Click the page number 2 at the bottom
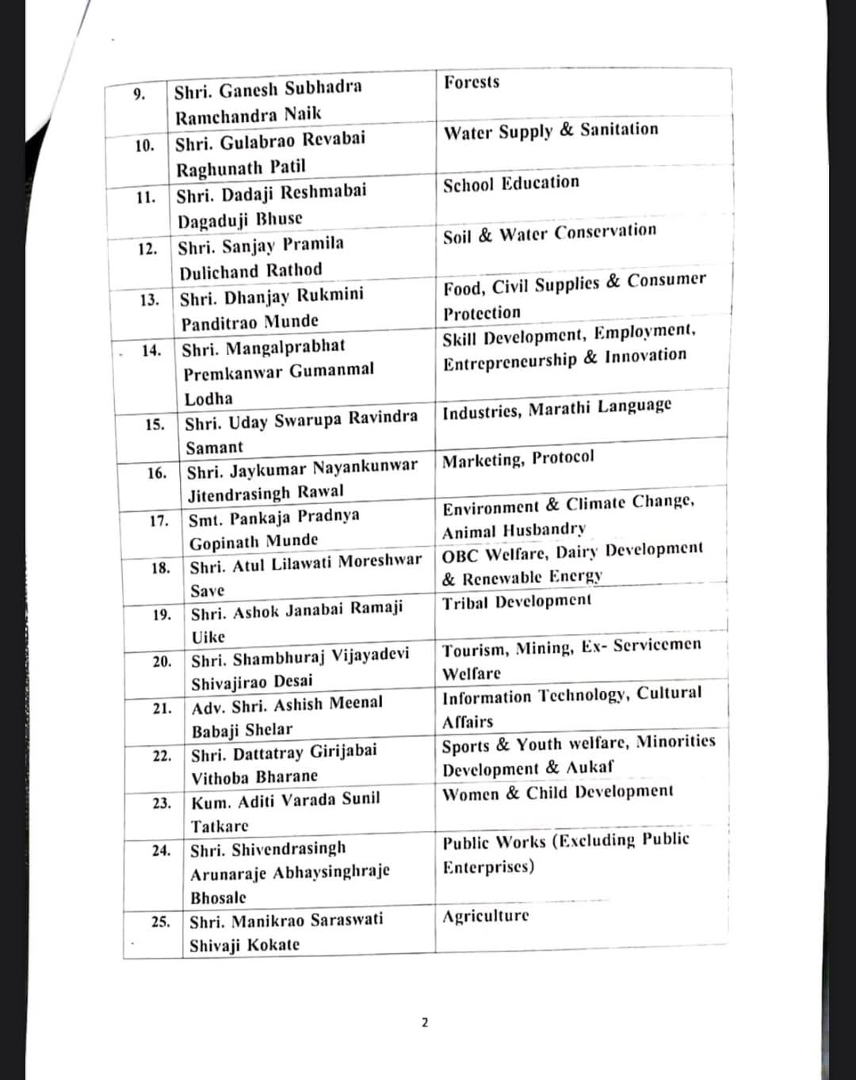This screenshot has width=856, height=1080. [424, 1022]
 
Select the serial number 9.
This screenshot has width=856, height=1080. [139, 95]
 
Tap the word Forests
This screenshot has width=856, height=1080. [472, 82]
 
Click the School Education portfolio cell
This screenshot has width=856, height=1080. [511, 184]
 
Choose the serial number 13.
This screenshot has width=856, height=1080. [149, 300]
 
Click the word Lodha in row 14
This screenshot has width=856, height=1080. [208, 399]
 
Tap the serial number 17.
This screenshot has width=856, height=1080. [159, 521]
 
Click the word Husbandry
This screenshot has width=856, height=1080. [545, 529]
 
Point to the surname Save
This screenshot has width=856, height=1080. [207, 590]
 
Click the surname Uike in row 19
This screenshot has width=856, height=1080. [208, 636]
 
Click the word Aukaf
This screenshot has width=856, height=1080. [590, 767]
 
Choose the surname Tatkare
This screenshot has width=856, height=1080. [220, 826]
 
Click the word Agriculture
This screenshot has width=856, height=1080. [485, 917]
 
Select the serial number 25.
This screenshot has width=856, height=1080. [161, 922]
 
